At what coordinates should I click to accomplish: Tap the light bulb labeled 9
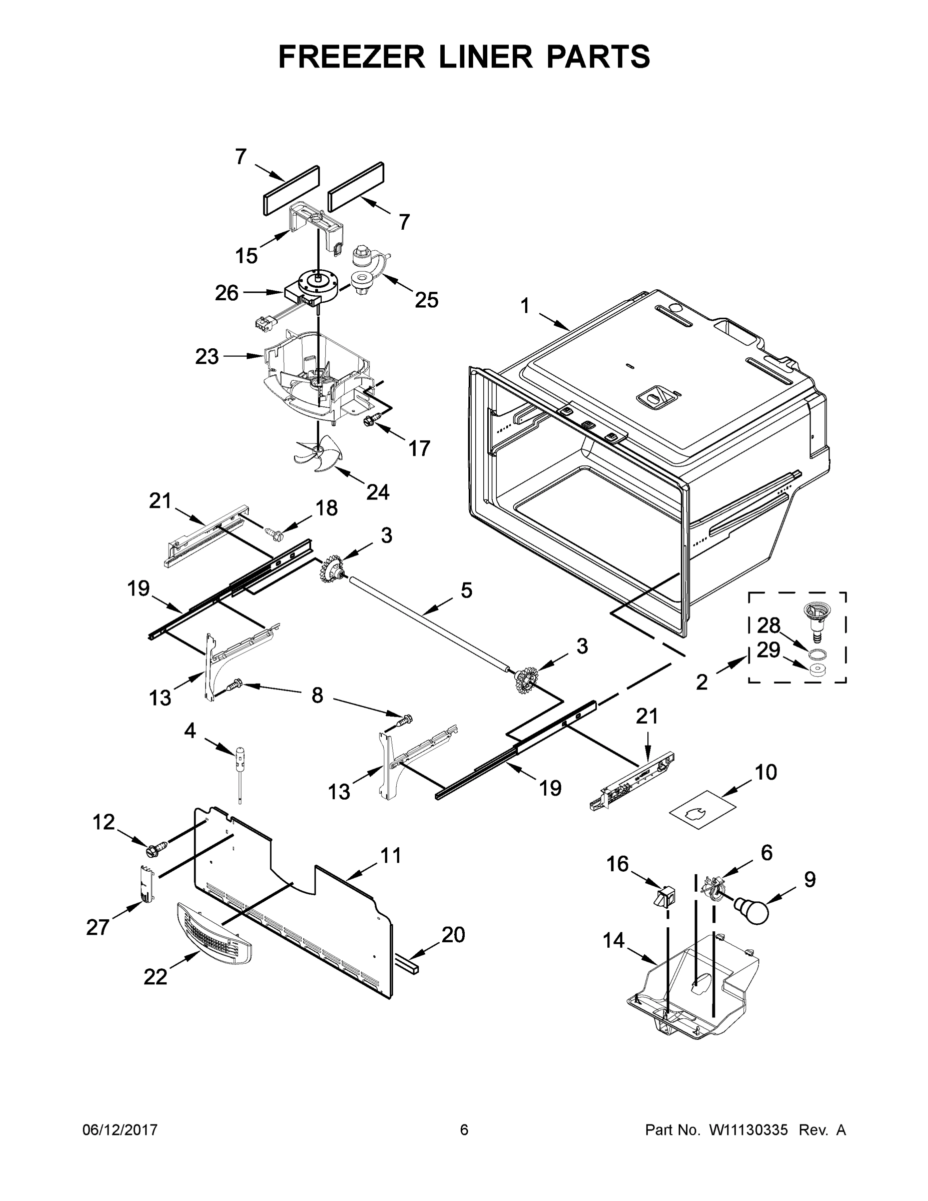752,910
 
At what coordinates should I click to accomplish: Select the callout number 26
227,294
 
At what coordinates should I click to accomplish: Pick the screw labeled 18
272,531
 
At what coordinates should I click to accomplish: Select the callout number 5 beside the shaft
466,590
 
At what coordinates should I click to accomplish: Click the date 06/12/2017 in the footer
120,1130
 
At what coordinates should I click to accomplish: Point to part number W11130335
749,1130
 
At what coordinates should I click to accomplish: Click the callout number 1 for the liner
525,306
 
